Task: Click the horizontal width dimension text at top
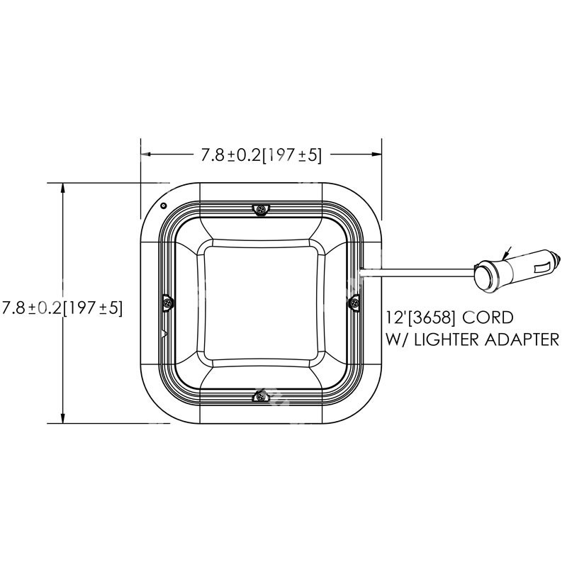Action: click(x=262, y=155)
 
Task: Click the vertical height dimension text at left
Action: click(x=62, y=308)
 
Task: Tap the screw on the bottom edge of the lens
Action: click(x=262, y=397)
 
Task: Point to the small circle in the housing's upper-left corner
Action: click(x=164, y=206)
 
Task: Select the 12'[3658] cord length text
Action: click(x=421, y=317)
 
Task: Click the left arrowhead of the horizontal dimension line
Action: click(x=145, y=153)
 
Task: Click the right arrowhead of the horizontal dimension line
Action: click(x=378, y=153)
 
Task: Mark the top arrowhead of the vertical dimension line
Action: click(x=64, y=187)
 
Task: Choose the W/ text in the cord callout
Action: click(x=395, y=340)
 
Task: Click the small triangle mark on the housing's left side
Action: click(x=164, y=332)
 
